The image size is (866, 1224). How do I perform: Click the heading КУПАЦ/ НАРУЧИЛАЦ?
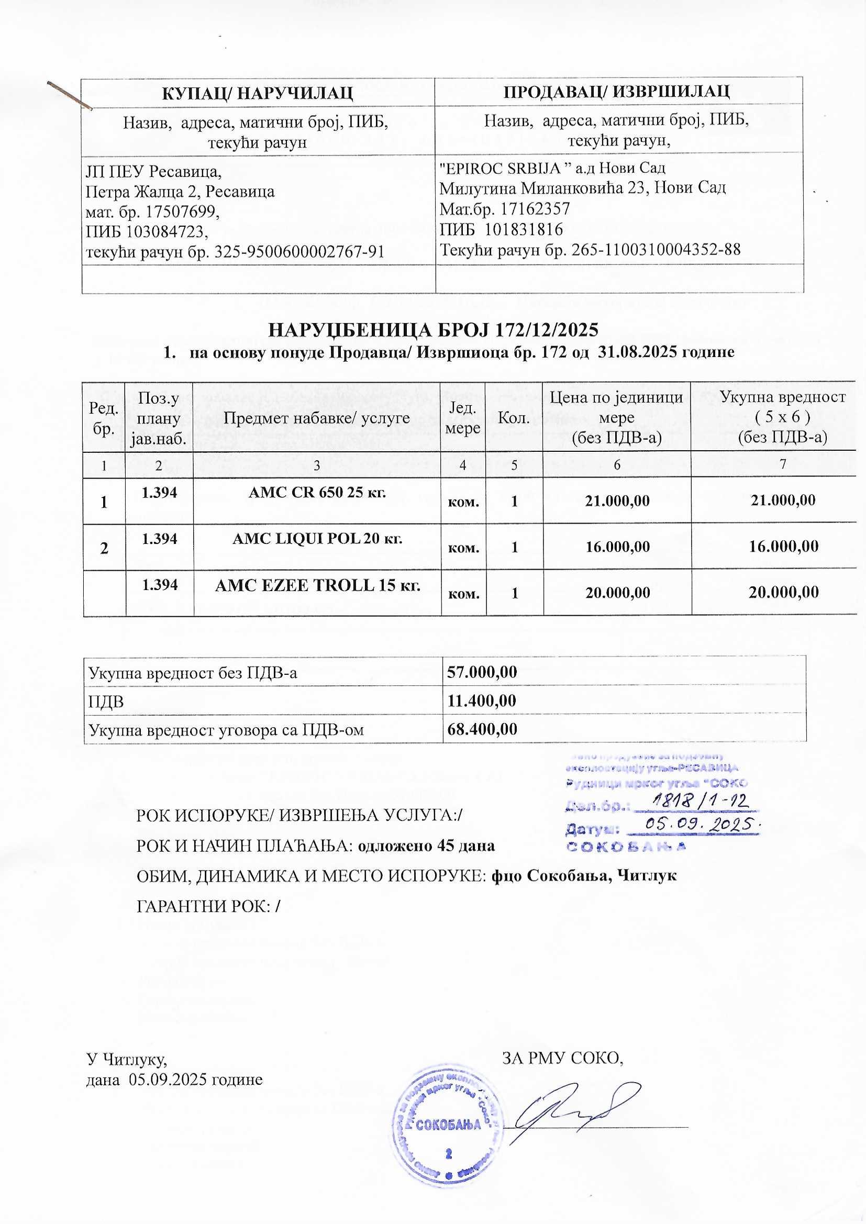pos(258,92)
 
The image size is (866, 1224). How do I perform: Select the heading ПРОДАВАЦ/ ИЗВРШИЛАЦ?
pos(616,91)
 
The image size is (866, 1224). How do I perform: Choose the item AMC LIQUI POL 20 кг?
pos(317,538)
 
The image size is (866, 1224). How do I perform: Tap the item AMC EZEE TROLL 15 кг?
pos(317,585)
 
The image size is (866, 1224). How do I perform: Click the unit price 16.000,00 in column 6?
pos(617,547)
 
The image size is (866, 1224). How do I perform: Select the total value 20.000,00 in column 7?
pos(783,592)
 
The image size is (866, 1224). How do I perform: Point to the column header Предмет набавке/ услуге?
pos(316,417)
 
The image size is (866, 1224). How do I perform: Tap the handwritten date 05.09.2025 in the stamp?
pos(700,825)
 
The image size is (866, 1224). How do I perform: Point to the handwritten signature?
pos(576,1111)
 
